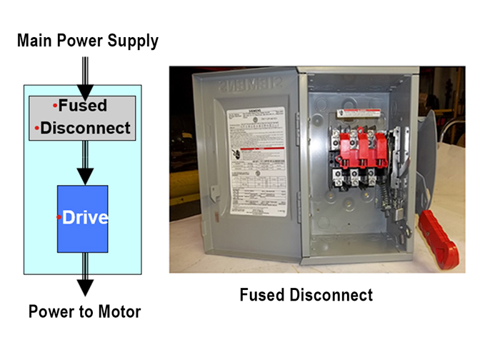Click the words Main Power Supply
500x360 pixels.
87,41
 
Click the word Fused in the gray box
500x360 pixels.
82,106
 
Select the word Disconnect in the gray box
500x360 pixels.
86,129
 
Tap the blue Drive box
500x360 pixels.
83,219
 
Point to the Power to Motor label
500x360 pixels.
85,312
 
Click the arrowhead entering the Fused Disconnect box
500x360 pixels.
85,92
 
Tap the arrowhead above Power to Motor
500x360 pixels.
85,287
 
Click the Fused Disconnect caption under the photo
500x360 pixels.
306,294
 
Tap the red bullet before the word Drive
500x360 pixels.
59,216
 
